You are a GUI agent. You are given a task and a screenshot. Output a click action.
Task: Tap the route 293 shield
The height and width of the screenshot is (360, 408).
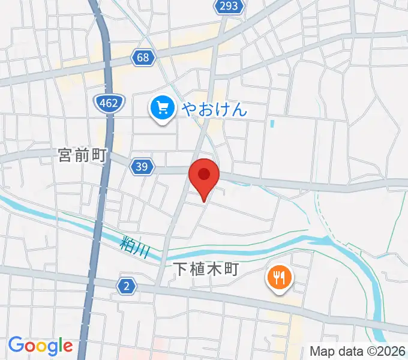click(x=229, y=7)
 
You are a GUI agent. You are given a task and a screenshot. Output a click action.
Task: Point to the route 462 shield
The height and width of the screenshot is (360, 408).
click(x=109, y=103)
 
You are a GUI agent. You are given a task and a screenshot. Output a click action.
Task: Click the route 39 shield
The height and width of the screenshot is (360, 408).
click(x=142, y=167)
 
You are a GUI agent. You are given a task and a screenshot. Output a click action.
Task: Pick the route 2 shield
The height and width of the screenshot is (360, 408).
click(x=125, y=287)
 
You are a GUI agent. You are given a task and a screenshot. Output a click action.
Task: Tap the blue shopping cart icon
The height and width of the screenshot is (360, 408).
click(x=162, y=109)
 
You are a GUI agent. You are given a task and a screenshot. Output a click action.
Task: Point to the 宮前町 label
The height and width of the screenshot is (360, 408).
click(x=82, y=156)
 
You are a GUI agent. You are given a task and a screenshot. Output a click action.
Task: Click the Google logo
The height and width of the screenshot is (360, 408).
click(x=40, y=346)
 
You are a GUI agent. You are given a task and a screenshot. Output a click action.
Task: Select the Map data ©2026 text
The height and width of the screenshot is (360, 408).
click(x=358, y=350)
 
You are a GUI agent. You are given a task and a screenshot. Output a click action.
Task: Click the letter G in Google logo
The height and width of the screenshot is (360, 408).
click(x=15, y=345)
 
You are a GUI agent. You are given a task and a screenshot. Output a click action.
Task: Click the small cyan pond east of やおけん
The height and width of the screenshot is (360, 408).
click(x=272, y=124)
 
